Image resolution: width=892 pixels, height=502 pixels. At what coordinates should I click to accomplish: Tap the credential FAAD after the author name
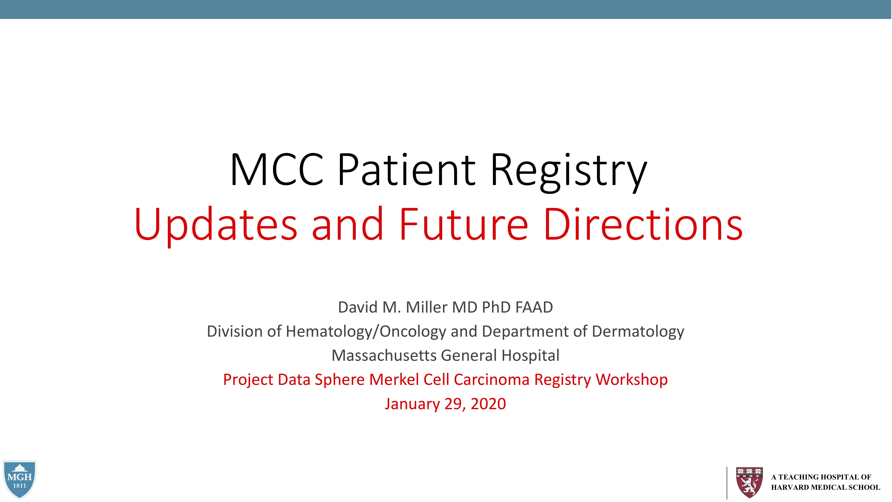click(534, 307)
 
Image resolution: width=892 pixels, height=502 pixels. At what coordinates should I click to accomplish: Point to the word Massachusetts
click(384, 355)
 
